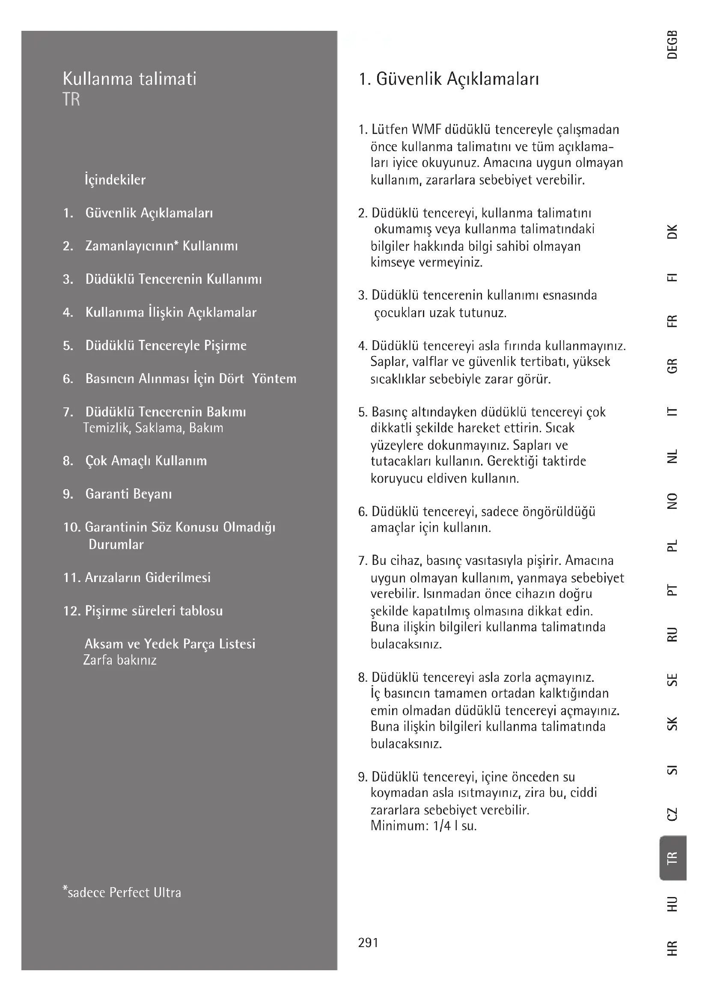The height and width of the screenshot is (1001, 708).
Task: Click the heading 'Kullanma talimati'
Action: [129, 79]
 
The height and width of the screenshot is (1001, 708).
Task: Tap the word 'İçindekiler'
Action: [115, 180]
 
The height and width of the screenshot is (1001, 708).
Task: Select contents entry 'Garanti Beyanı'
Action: [128, 494]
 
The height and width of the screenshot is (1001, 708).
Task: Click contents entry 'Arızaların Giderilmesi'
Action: [147, 578]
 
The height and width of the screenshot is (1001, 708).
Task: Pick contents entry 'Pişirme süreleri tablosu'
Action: [154, 611]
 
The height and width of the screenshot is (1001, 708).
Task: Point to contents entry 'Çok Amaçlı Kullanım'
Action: [146, 461]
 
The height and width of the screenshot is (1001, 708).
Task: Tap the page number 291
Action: [368, 942]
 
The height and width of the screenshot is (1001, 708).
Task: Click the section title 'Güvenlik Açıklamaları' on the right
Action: [457, 79]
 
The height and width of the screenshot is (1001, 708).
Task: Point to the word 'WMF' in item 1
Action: [426, 130]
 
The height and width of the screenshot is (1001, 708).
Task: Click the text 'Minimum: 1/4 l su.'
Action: [423, 825]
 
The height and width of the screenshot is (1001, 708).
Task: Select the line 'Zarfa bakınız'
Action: [120, 660]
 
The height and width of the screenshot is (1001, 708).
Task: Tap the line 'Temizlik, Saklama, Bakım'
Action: [153, 428]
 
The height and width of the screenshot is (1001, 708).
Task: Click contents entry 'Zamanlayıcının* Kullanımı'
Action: [161, 246]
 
